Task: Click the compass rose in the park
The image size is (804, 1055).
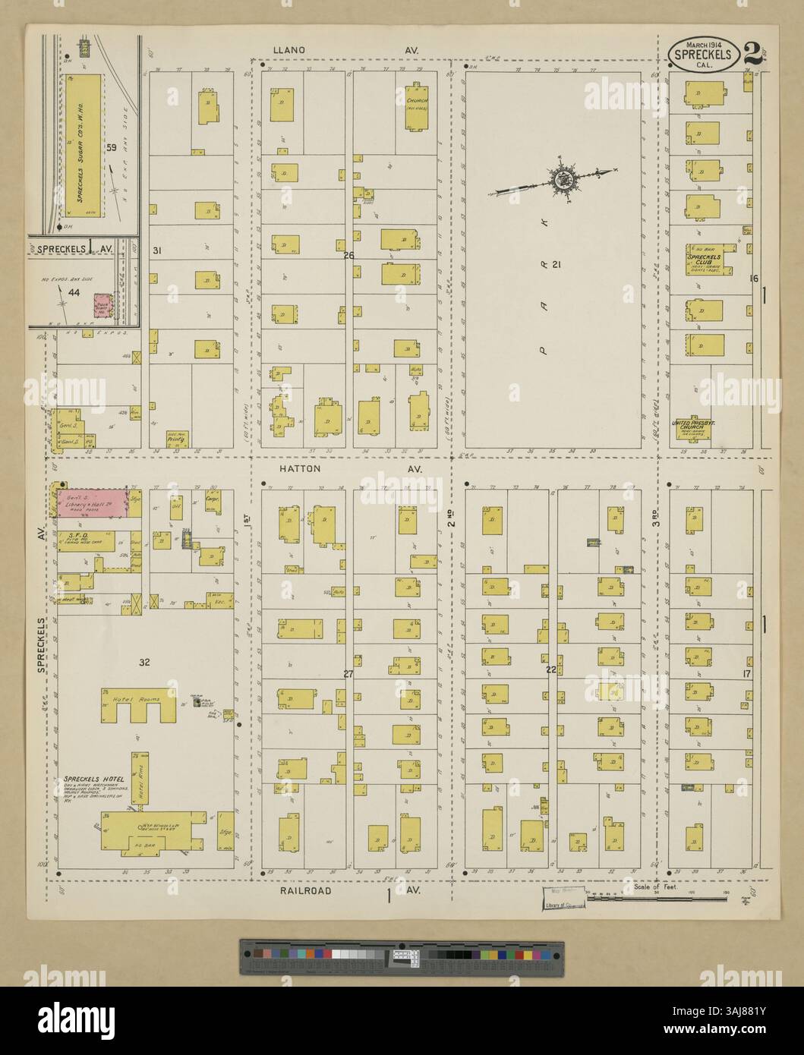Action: pyautogui.click(x=564, y=181)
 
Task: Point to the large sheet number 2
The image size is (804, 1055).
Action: pyautogui.click(x=752, y=54)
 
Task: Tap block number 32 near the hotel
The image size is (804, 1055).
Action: pyautogui.click(x=144, y=663)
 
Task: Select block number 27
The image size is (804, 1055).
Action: pyautogui.click(x=348, y=674)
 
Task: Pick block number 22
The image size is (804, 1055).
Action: pyautogui.click(x=551, y=669)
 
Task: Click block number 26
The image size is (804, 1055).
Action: pyautogui.click(x=348, y=255)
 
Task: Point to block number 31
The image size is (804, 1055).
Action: pyautogui.click(x=158, y=250)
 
